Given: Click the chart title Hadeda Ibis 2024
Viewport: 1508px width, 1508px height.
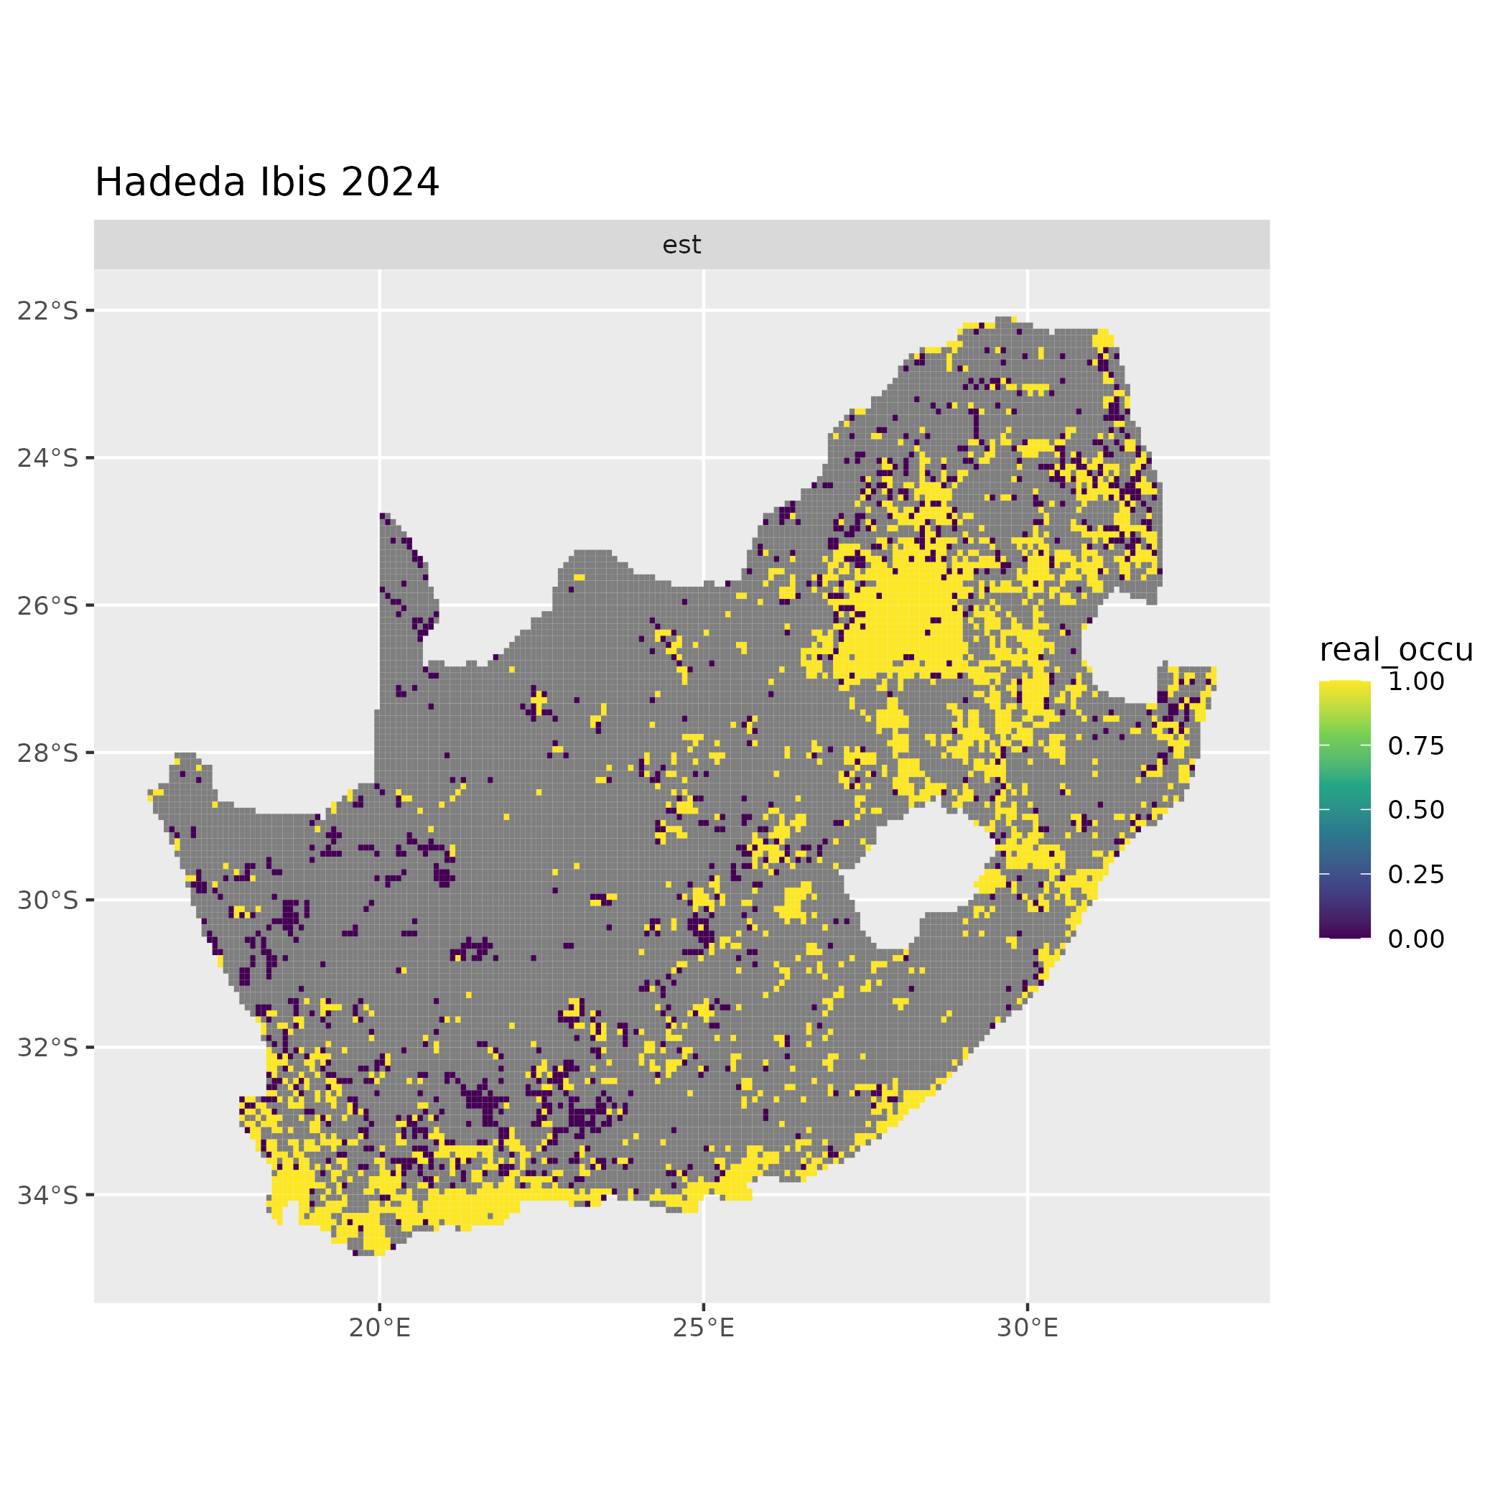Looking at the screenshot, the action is [x=267, y=182].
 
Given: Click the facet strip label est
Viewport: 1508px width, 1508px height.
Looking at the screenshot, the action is [x=681, y=245].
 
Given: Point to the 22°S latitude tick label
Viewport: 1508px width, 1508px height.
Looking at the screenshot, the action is [x=47, y=311].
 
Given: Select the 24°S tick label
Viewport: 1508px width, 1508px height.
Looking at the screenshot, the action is [x=47, y=457].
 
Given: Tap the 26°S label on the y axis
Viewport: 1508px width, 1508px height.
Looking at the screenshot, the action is [x=47, y=605].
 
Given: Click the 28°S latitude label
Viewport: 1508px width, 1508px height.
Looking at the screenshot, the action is [x=47, y=753].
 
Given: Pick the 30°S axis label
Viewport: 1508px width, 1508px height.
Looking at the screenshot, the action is [x=47, y=900].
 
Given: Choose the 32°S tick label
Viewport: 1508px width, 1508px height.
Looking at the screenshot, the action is [x=47, y=1047].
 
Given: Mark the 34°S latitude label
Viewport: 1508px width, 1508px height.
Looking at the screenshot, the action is [x=47, y=1194].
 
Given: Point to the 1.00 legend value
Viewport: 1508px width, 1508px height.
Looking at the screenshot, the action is [x=1416, y=681].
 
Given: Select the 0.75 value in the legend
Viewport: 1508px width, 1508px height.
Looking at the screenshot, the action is [x=1416, y=746].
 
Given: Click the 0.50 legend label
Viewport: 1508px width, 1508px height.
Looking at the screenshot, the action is [x=1416, y=810].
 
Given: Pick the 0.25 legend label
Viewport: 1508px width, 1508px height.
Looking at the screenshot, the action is [x=1416, y=874].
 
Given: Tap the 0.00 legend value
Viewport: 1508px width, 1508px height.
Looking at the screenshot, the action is [x=1416, y=939].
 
